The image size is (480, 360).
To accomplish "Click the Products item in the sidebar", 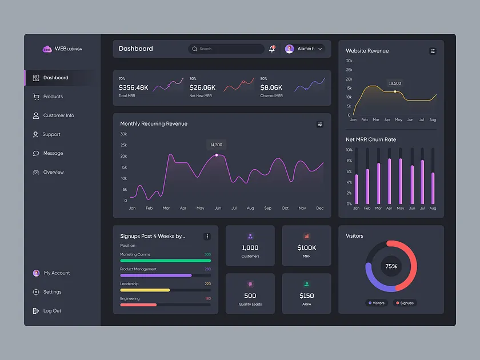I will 53,97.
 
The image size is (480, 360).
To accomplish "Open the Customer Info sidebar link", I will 58,115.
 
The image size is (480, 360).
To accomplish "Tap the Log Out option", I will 52,311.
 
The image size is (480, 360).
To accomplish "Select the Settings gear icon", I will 36,292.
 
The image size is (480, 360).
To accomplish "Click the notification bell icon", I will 272,49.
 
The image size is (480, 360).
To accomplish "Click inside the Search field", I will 229,49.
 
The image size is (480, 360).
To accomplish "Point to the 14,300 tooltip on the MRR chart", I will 216,145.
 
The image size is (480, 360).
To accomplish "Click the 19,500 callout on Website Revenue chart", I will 395,83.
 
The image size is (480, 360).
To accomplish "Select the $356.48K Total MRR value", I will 133,87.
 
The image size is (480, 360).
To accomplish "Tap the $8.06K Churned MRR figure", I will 271,87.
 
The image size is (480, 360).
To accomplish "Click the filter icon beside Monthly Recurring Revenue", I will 320,124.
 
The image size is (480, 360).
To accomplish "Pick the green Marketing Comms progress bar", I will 165,261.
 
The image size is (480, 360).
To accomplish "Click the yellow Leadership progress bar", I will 145,290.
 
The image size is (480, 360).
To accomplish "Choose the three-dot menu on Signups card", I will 207,237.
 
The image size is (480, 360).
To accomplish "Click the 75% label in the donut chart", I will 391,266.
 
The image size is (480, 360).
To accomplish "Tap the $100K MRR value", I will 307,247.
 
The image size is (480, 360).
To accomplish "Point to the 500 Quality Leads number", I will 250,295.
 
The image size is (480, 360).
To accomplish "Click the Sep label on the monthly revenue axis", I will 267,208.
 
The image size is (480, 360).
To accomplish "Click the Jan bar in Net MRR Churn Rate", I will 357,189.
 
